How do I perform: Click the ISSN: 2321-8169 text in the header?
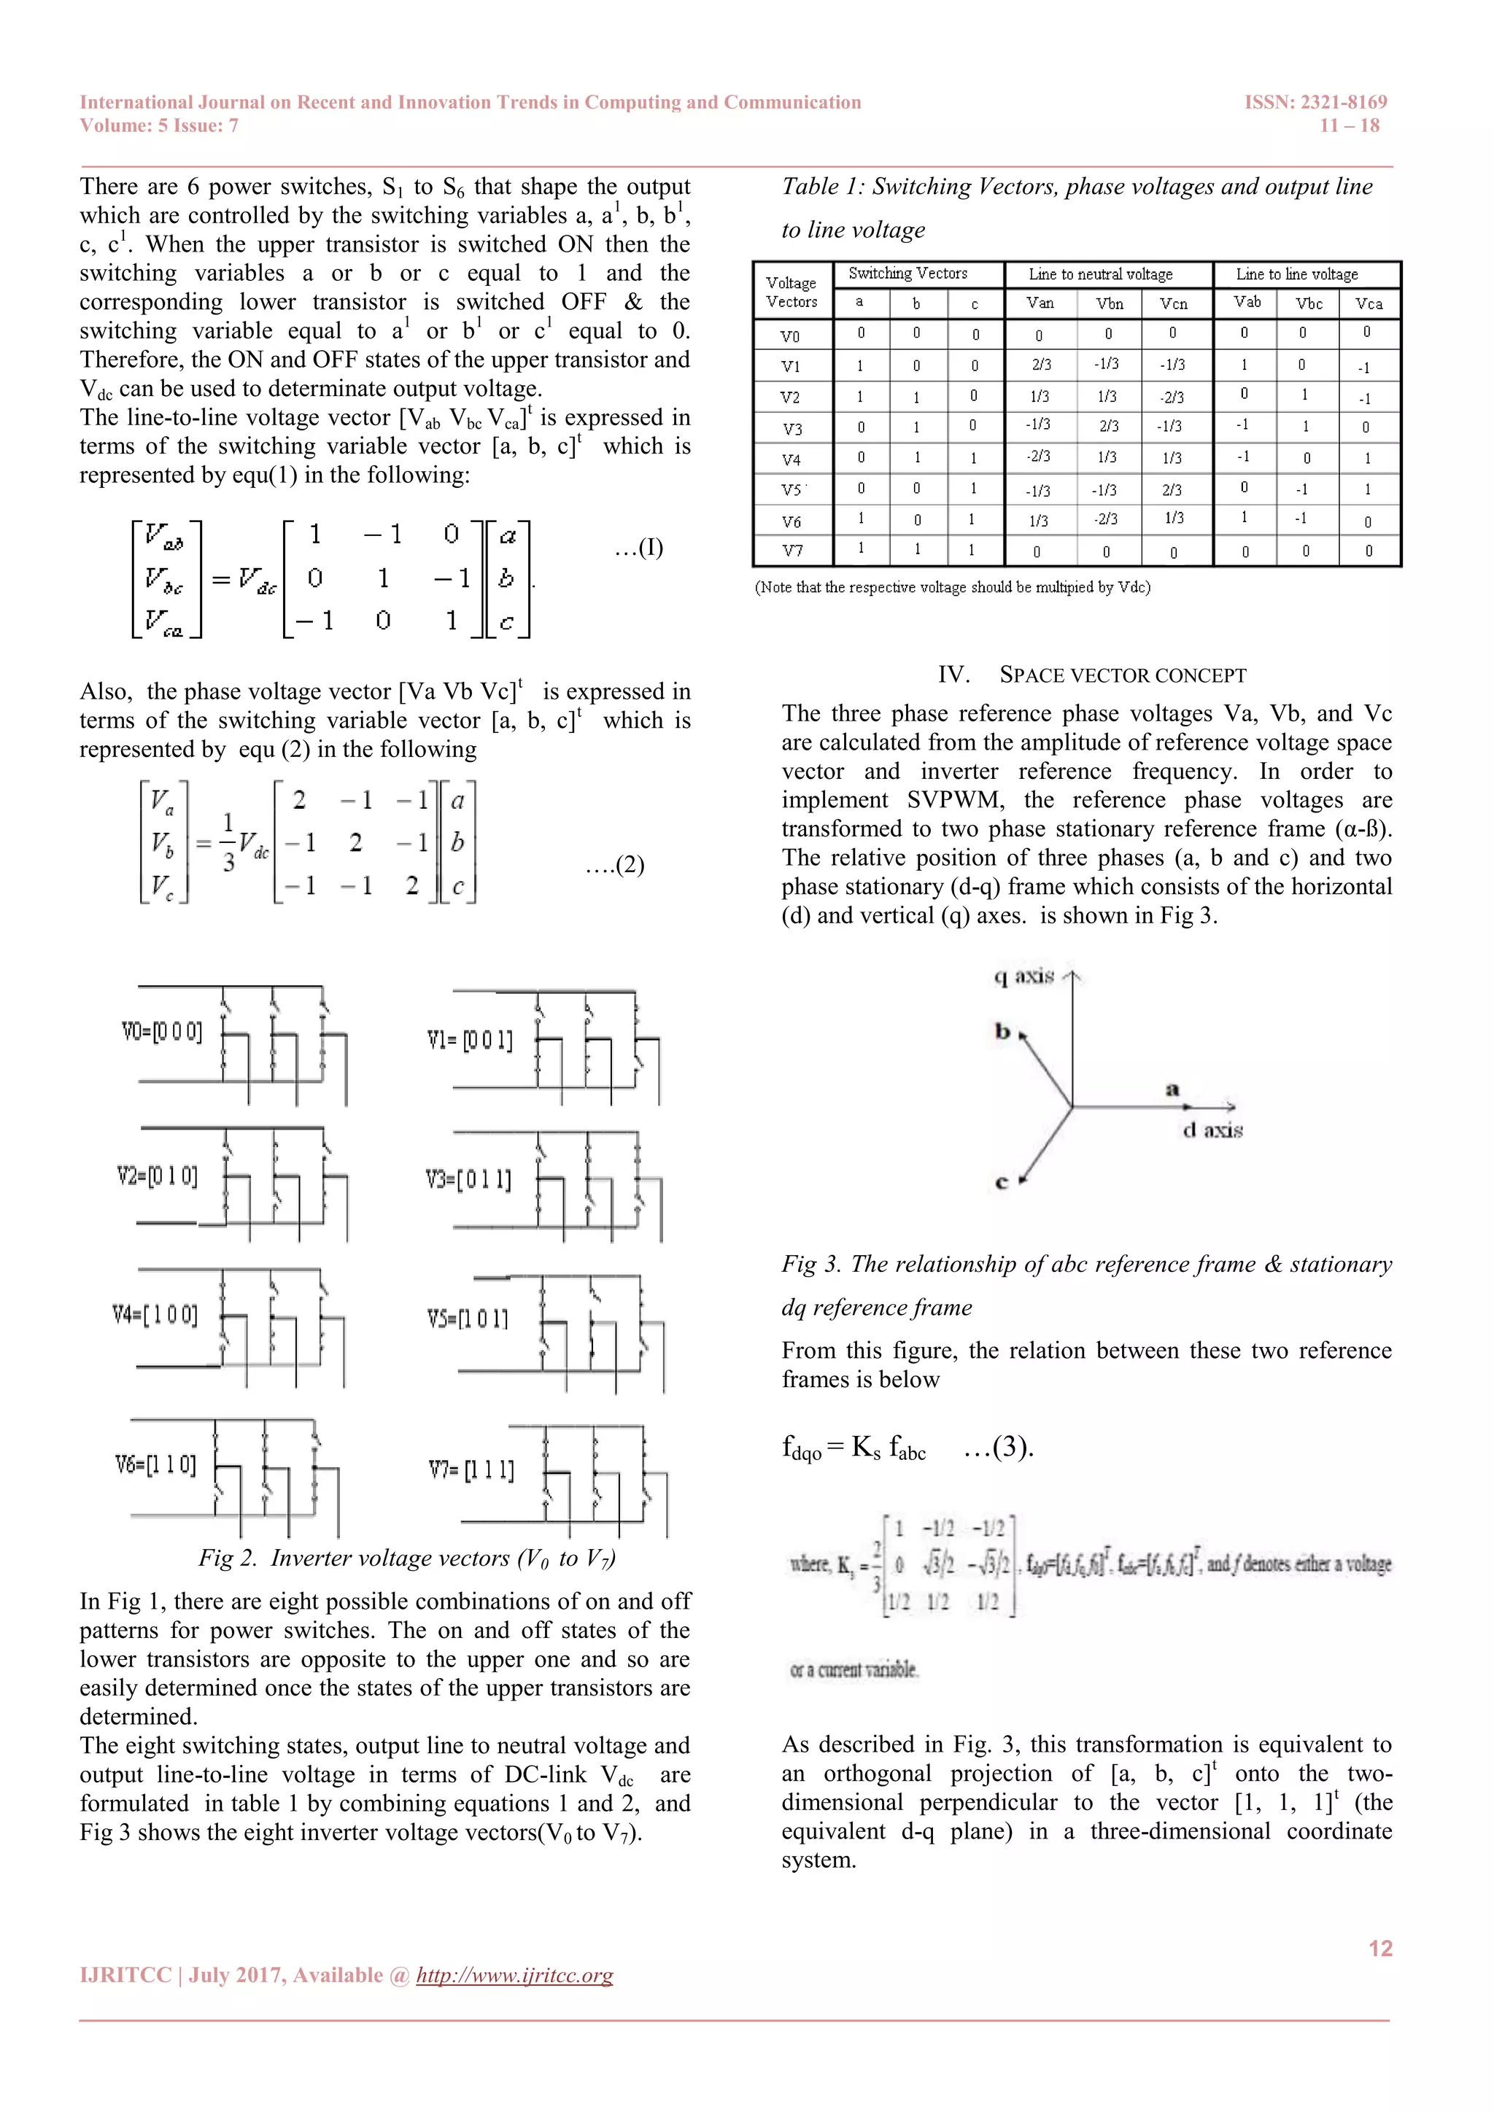click(1315, 102)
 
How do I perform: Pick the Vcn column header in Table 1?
click(1173, 303)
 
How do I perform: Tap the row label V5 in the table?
click(791, 490)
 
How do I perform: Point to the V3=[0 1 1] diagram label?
click(468, 1179)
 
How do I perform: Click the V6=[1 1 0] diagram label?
click(155, 1464)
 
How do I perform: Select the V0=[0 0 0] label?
click(162, 1031)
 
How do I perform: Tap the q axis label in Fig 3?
click(1024, 976)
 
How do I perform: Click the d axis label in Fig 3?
click(1212, 1130)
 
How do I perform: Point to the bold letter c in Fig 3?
click(1002, 1183)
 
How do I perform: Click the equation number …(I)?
click(638, 548)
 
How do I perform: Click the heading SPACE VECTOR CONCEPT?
click(1123, 675)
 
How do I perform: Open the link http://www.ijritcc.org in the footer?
click(514, 1975)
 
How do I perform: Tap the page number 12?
click(1380, 1948)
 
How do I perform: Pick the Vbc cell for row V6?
click(1301, 519)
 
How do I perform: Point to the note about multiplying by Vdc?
click(952, 587)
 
